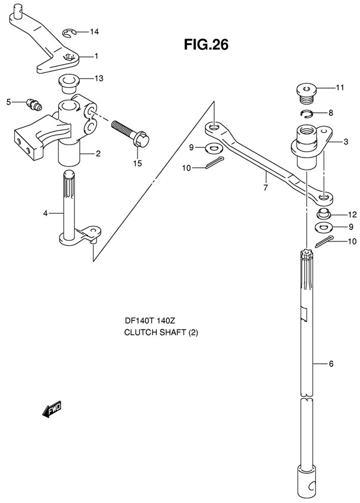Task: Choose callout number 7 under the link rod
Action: [265, 188]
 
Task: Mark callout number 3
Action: [345, 142]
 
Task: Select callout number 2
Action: [98, 154]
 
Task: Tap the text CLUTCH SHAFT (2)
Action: [161, 332]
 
